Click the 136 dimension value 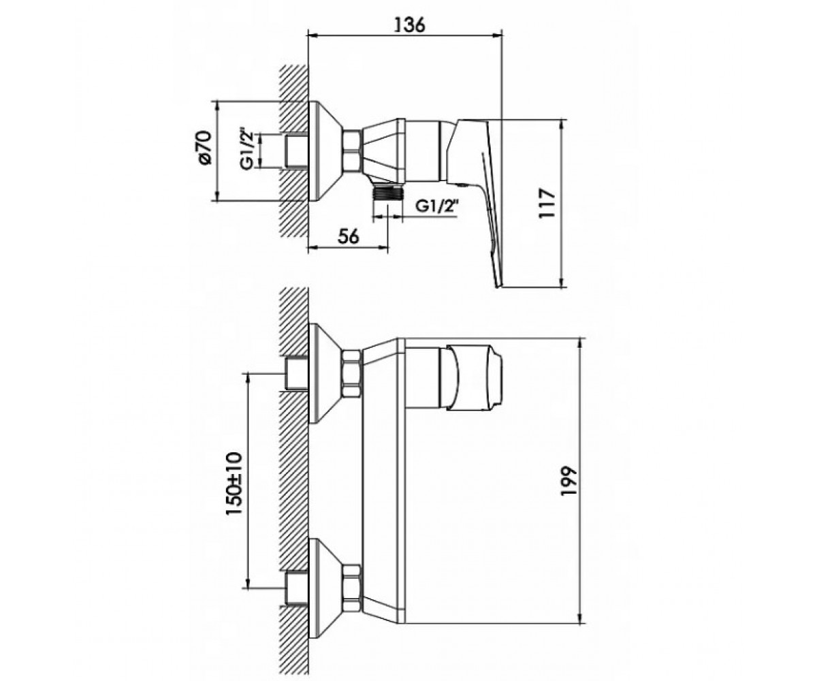click(409, 25)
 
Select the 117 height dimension click(547, 204)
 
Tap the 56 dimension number click(348, 237)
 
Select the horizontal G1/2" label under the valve click(436, 206)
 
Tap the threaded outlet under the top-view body click(388, 193)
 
